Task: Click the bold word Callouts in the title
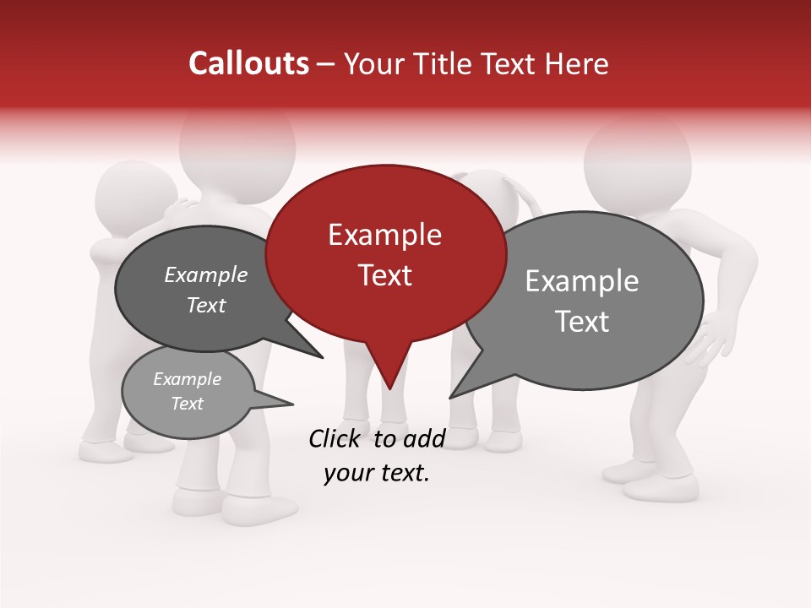249,63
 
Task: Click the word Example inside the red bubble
384,235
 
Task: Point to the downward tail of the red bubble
389,372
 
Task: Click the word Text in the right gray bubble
582,322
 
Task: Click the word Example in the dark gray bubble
206,275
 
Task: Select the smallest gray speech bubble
188,393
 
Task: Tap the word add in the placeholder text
424,438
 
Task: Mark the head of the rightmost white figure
638,160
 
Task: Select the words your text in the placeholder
376,474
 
